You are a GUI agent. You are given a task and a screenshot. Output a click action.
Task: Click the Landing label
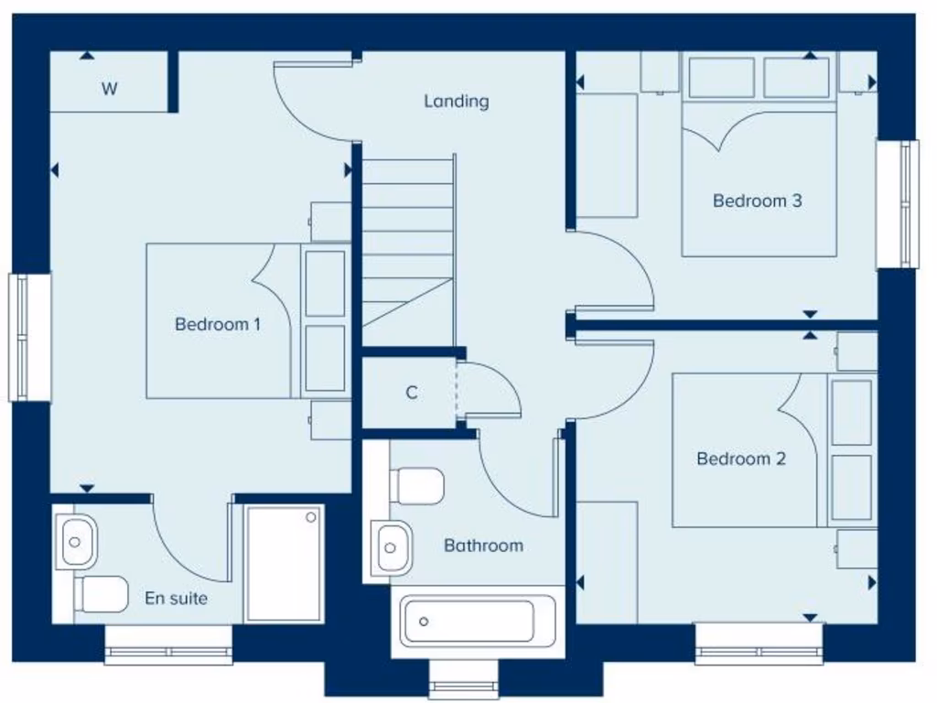[456, 102]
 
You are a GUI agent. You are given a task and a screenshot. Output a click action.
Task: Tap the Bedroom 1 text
[218, 324]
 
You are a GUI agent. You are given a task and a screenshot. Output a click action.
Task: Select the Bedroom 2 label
[741, 459]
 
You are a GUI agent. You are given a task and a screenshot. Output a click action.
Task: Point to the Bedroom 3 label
[757, 200]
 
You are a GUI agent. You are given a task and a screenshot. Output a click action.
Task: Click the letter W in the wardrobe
[109, 89]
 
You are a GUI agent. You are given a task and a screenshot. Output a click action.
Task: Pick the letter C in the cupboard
[412, 393]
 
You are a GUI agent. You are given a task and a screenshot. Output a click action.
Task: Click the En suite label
[176, 599]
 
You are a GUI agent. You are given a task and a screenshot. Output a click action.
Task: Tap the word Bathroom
[483, 546]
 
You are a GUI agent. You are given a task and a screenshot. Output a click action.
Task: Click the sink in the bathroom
[392, 548]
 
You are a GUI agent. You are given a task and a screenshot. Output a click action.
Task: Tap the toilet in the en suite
[101, 594]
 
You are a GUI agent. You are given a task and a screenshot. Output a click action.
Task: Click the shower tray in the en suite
[285, 562]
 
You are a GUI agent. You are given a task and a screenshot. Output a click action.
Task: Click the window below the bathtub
[464, 686]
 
